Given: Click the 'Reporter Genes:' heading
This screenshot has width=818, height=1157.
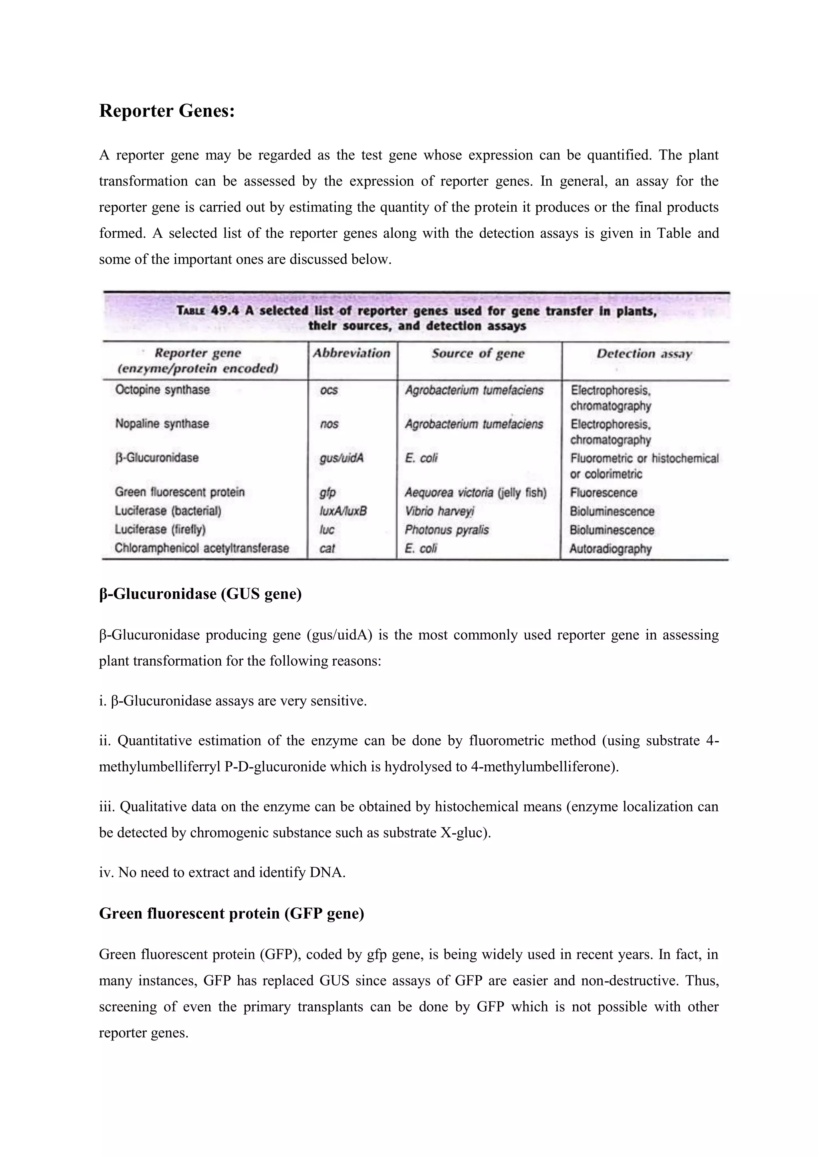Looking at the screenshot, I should (167, 111).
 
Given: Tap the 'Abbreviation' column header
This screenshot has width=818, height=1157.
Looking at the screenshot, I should (351, 353).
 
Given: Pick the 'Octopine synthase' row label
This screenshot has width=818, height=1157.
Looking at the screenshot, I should (162, 390).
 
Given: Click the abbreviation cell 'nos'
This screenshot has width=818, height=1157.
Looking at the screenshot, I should (329, 424).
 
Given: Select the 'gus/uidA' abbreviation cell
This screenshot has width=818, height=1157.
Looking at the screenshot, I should (341, 458).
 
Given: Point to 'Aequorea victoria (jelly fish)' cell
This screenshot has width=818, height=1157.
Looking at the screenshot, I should (475, 492).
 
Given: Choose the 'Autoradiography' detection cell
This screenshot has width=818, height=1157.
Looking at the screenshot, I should (610, 549).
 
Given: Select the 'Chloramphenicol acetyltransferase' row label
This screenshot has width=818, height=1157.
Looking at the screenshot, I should (201, 548).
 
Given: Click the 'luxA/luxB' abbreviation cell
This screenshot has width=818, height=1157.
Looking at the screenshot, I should (343, 511).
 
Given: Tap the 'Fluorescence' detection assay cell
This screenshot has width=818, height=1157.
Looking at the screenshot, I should (604, 492).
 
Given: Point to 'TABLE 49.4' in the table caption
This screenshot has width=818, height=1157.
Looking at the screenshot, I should (208, 310).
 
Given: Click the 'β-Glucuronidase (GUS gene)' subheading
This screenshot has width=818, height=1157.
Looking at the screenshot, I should (200, 594).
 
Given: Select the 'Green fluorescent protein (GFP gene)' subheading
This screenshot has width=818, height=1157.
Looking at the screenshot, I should (231, 913).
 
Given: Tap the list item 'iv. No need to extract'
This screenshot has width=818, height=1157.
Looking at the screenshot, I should (222, 872).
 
